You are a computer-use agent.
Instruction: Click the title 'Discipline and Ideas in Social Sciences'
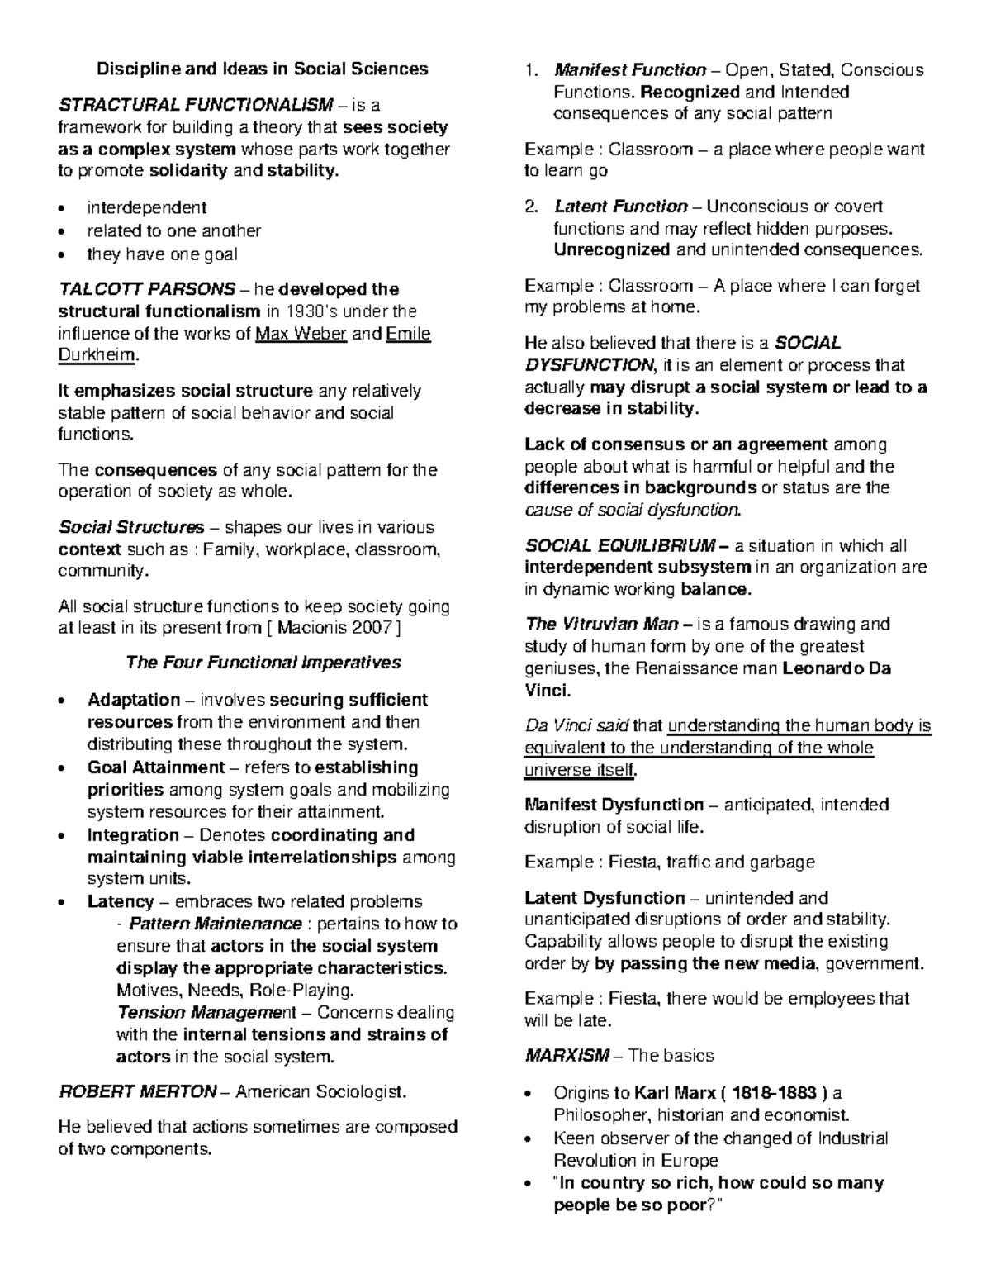click(263, 69)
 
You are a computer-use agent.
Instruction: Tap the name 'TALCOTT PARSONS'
click(146, 289)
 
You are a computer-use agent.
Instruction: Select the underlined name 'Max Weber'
click(301, 334)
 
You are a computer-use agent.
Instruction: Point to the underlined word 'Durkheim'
click(96, 356)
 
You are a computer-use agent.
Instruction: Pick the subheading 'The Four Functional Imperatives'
click(263, 663)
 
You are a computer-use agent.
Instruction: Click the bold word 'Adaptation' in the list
click(134, 700)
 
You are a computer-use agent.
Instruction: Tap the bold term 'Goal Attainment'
click(156, 767)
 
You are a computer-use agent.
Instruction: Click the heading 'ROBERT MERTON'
click(137, 1091)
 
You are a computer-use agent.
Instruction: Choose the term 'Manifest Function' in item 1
click(630, 70)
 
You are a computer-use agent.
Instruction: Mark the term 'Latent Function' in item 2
click(621, 207)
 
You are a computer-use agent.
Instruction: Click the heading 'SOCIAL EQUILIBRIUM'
click(620, 546)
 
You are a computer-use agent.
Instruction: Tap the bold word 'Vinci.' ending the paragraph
click(548, 690)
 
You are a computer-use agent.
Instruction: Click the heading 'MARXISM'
click(567, 1055)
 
